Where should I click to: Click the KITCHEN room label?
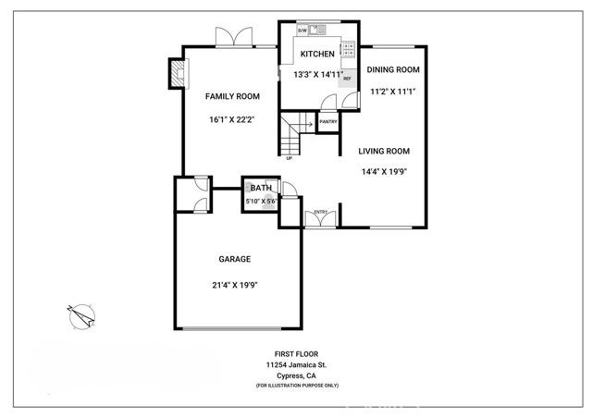coord(316,55)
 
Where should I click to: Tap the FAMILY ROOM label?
coord(231,96)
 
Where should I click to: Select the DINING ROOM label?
coord(393,69)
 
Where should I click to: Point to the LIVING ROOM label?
coord(384,151)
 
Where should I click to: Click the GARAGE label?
coord(234,260)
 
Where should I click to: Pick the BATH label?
coord(261,188)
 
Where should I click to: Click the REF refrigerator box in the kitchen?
coord(347,79)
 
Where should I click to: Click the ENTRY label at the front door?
coord(321,212)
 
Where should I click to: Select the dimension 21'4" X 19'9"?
coord(234,285)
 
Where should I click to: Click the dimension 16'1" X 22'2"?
coord(231,119)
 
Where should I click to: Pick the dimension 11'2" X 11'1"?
coord(393,92)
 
